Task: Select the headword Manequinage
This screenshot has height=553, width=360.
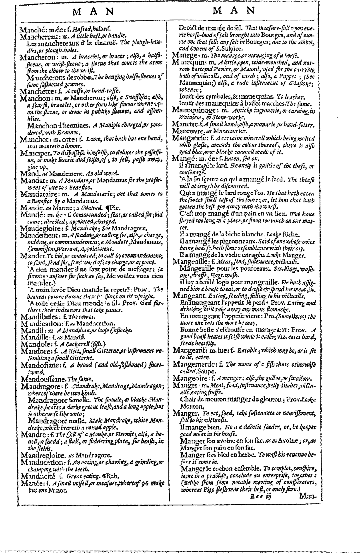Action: coord(196,110)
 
